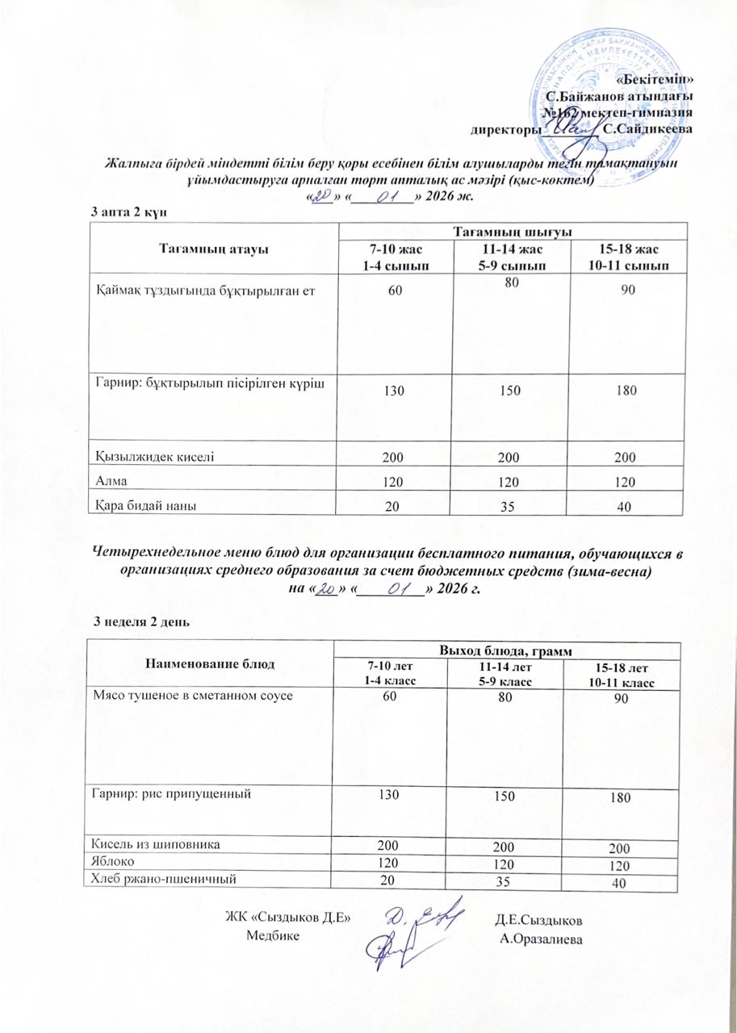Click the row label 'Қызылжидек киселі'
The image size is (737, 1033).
pos(155,456)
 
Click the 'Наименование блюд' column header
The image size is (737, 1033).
pos(210,663)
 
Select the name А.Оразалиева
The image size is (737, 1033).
pos(541,938)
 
